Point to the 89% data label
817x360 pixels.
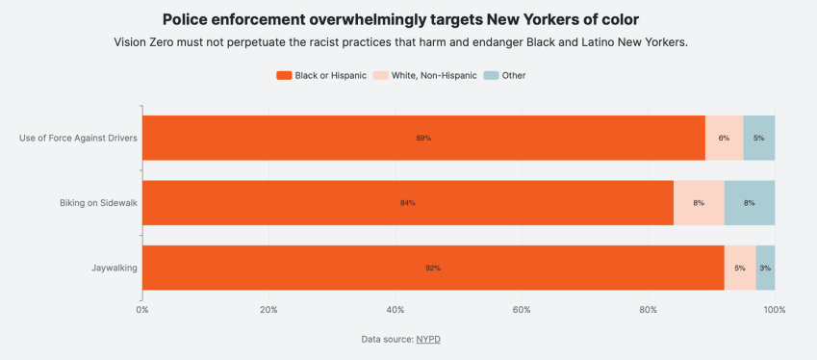(x=423, y=138)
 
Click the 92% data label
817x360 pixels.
(x=433, y=268)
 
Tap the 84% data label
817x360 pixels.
(x=408, y=203)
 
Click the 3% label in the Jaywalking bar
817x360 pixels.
(x=765, y=268)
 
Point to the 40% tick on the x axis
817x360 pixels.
(x=396, y=310)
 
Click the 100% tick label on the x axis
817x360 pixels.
(x=775, y=310)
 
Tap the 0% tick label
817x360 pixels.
(x=142, y=310)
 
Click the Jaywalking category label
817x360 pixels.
(x=115, y=268)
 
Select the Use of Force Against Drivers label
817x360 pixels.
(x=78, y=138)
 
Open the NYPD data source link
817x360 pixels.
(x=428, y=339)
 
